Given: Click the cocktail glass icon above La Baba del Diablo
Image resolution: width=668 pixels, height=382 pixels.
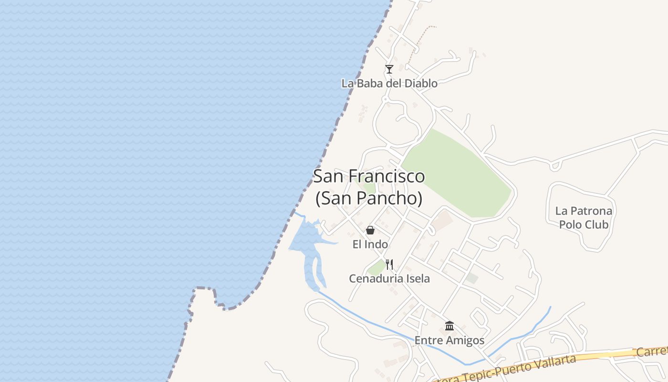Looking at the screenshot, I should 389,69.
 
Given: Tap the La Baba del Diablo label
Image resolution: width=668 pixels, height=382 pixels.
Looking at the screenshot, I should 389,84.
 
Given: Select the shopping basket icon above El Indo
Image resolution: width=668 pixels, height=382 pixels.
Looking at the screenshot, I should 370,231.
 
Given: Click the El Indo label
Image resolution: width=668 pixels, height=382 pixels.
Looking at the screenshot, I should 370,244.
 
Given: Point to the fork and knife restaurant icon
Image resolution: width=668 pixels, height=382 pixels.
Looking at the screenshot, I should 389,265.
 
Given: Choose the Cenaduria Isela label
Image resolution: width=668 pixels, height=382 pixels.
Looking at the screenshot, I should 389,278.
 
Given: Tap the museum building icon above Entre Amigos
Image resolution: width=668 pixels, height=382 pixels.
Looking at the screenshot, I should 449,326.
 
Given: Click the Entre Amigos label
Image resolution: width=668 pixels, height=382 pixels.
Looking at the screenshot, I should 449,340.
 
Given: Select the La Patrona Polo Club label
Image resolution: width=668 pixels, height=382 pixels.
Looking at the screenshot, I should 584,218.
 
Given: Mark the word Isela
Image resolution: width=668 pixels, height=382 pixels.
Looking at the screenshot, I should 417,278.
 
